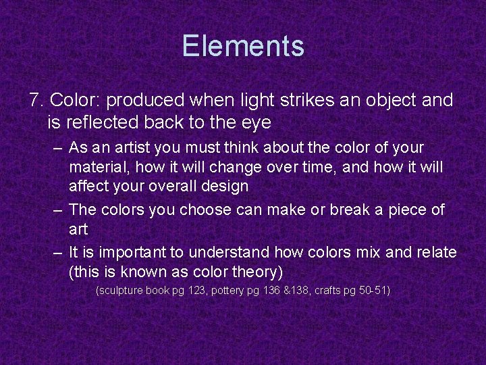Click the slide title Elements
click(x=243, y=47)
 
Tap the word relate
click(x=434, y=253)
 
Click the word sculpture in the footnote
click(x=122, y=291)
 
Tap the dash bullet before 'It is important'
click(x=59, y=253)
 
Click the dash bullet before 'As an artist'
click(x=59, y=147)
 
